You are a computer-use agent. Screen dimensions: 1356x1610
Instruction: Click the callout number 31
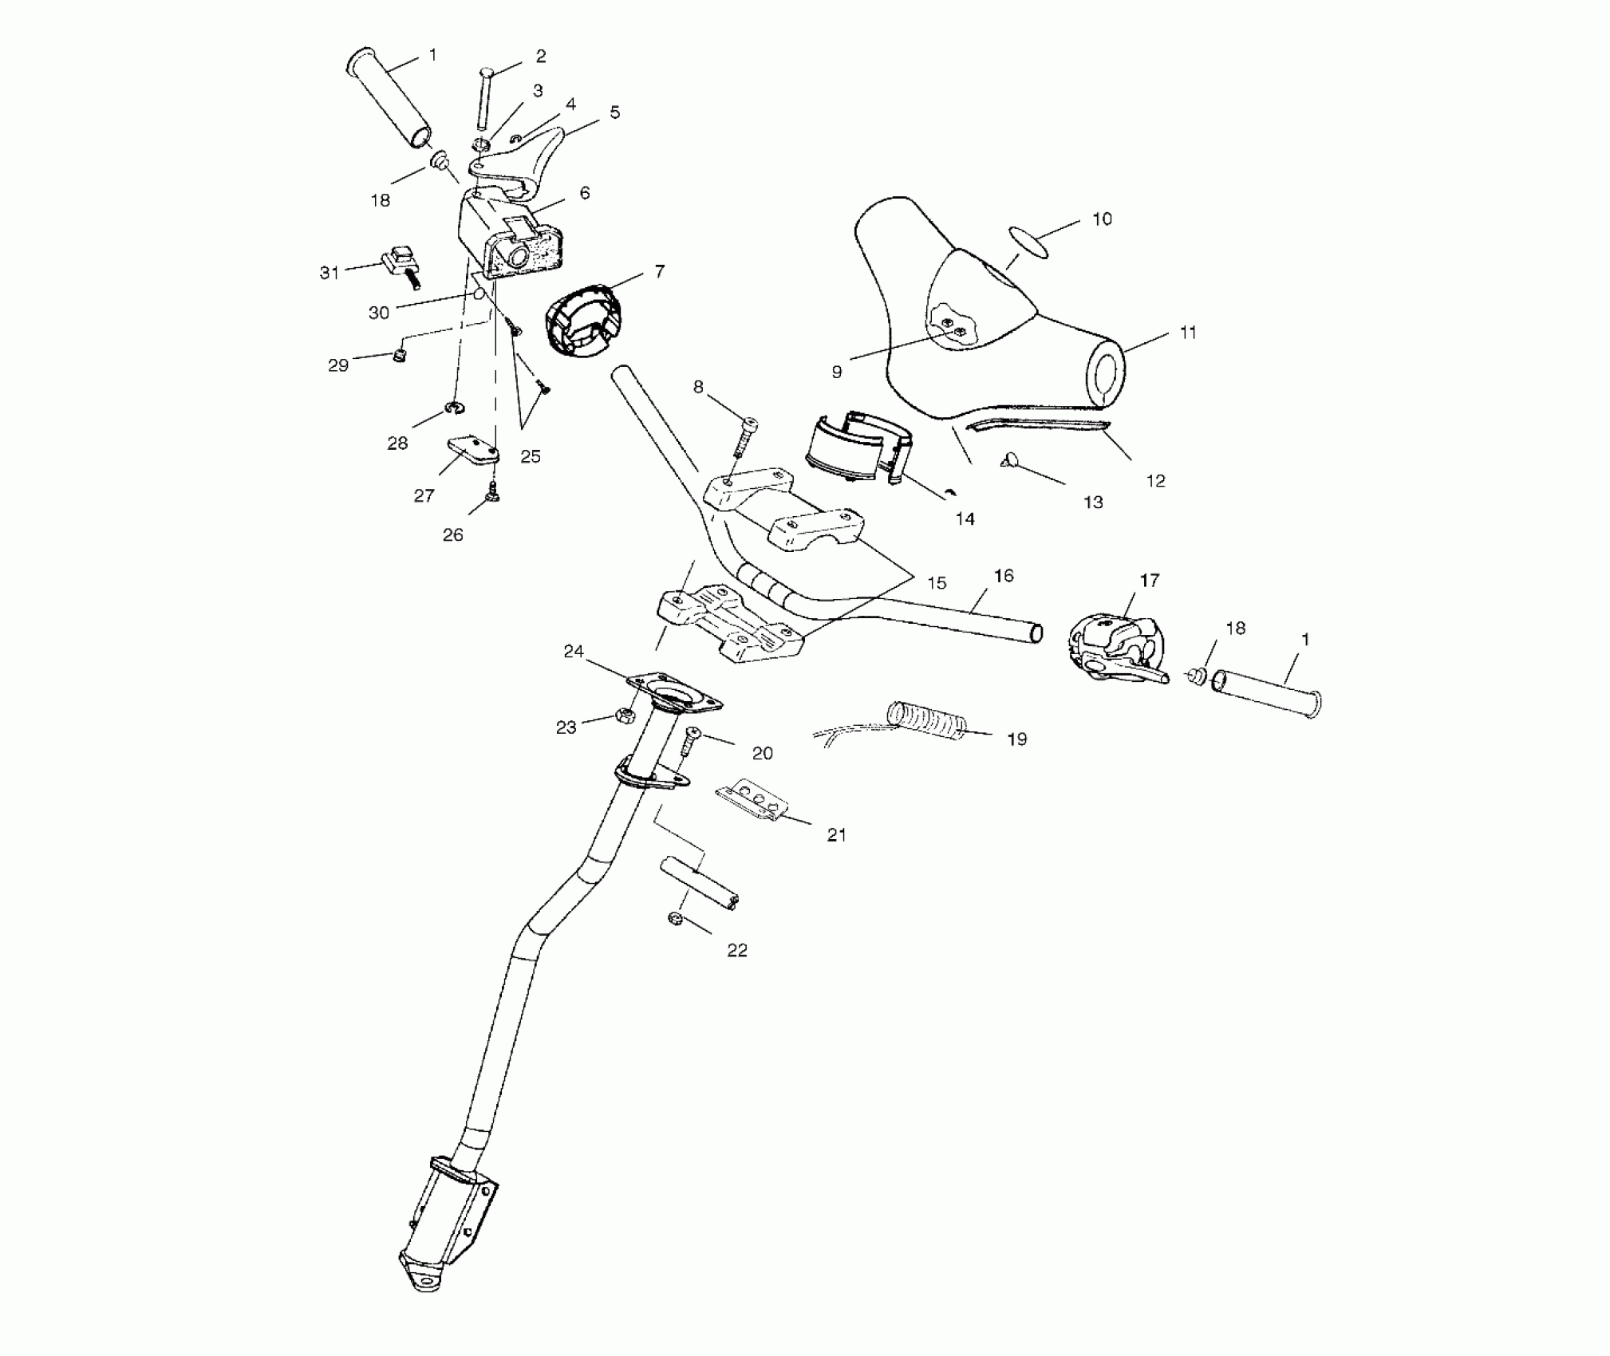tap(329, 273)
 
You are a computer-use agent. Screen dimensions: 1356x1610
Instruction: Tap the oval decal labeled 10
tap(1027, 241)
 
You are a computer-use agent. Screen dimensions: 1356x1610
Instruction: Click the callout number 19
tap(1016, 739)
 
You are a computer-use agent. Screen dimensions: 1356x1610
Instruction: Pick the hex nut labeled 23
tap(625, 715)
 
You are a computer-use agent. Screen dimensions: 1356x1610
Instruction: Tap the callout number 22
tap(736, 950)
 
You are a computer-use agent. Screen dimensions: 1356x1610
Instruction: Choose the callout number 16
tap(1003, 576)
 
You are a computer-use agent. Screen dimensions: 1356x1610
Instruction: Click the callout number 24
tap(574, 652)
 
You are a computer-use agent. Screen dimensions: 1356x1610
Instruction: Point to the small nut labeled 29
tap(401, 355)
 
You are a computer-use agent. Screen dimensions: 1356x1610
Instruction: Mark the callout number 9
tap(836, 372)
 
